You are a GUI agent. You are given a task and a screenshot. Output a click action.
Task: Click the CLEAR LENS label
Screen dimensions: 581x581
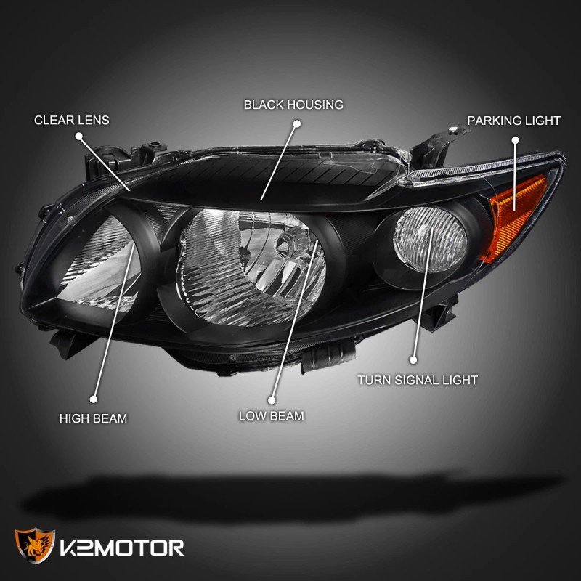coord(71,120)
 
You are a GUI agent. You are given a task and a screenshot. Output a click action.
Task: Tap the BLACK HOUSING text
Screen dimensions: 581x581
coord(293,105)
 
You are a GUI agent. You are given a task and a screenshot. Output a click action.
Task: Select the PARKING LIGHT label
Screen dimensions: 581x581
coord(513,121)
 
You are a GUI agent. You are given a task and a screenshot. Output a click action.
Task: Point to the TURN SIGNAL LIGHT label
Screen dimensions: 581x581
coord(418,380)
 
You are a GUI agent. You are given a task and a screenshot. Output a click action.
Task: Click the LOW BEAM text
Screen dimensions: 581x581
coord(271,416)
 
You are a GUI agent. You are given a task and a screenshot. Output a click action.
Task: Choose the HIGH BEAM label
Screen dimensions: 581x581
coord(93,418)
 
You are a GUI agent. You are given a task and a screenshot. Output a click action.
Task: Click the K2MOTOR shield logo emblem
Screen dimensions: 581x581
coord(35,545)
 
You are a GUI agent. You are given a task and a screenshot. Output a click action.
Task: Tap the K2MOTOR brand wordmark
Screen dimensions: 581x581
coord(122,548)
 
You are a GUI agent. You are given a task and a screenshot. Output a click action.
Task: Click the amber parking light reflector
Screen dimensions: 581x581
coord(513,216)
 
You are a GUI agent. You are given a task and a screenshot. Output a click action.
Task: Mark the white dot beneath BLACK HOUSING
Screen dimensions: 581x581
coord(296,123)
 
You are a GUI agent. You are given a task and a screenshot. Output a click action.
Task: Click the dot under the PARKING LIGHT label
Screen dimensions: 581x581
coord(515,140)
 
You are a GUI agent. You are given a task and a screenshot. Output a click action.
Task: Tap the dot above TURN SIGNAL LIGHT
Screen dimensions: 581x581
coord(413,359)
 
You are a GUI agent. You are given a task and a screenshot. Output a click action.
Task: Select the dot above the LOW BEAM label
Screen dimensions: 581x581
coord(272,400)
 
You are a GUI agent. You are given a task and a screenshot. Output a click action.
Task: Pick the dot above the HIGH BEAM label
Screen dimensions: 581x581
coord(94,399)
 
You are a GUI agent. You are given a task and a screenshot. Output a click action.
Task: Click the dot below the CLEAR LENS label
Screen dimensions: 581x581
coord(79,137)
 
